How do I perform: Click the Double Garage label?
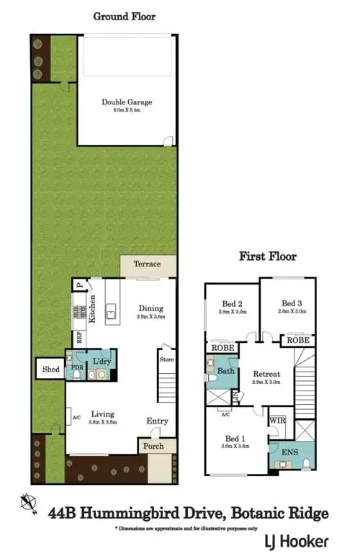127,102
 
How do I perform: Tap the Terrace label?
148,264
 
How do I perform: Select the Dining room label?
151,308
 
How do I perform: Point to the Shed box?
50,369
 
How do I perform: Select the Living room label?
102,413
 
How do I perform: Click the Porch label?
153,446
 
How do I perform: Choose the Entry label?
157,421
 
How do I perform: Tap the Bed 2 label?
230,303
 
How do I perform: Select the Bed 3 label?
292,303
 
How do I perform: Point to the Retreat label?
266,375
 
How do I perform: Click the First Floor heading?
268,256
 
